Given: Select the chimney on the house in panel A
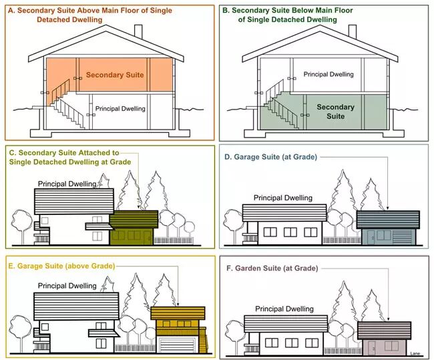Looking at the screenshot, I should click(x=138, y=31).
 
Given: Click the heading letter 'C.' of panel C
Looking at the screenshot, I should click(x=12, y=152).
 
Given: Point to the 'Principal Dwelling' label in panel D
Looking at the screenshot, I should click(x=284, y=198).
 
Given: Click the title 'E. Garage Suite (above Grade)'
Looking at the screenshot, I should click(x=62, y=266).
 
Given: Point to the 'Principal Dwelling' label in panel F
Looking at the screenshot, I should click(x=284, y=309).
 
